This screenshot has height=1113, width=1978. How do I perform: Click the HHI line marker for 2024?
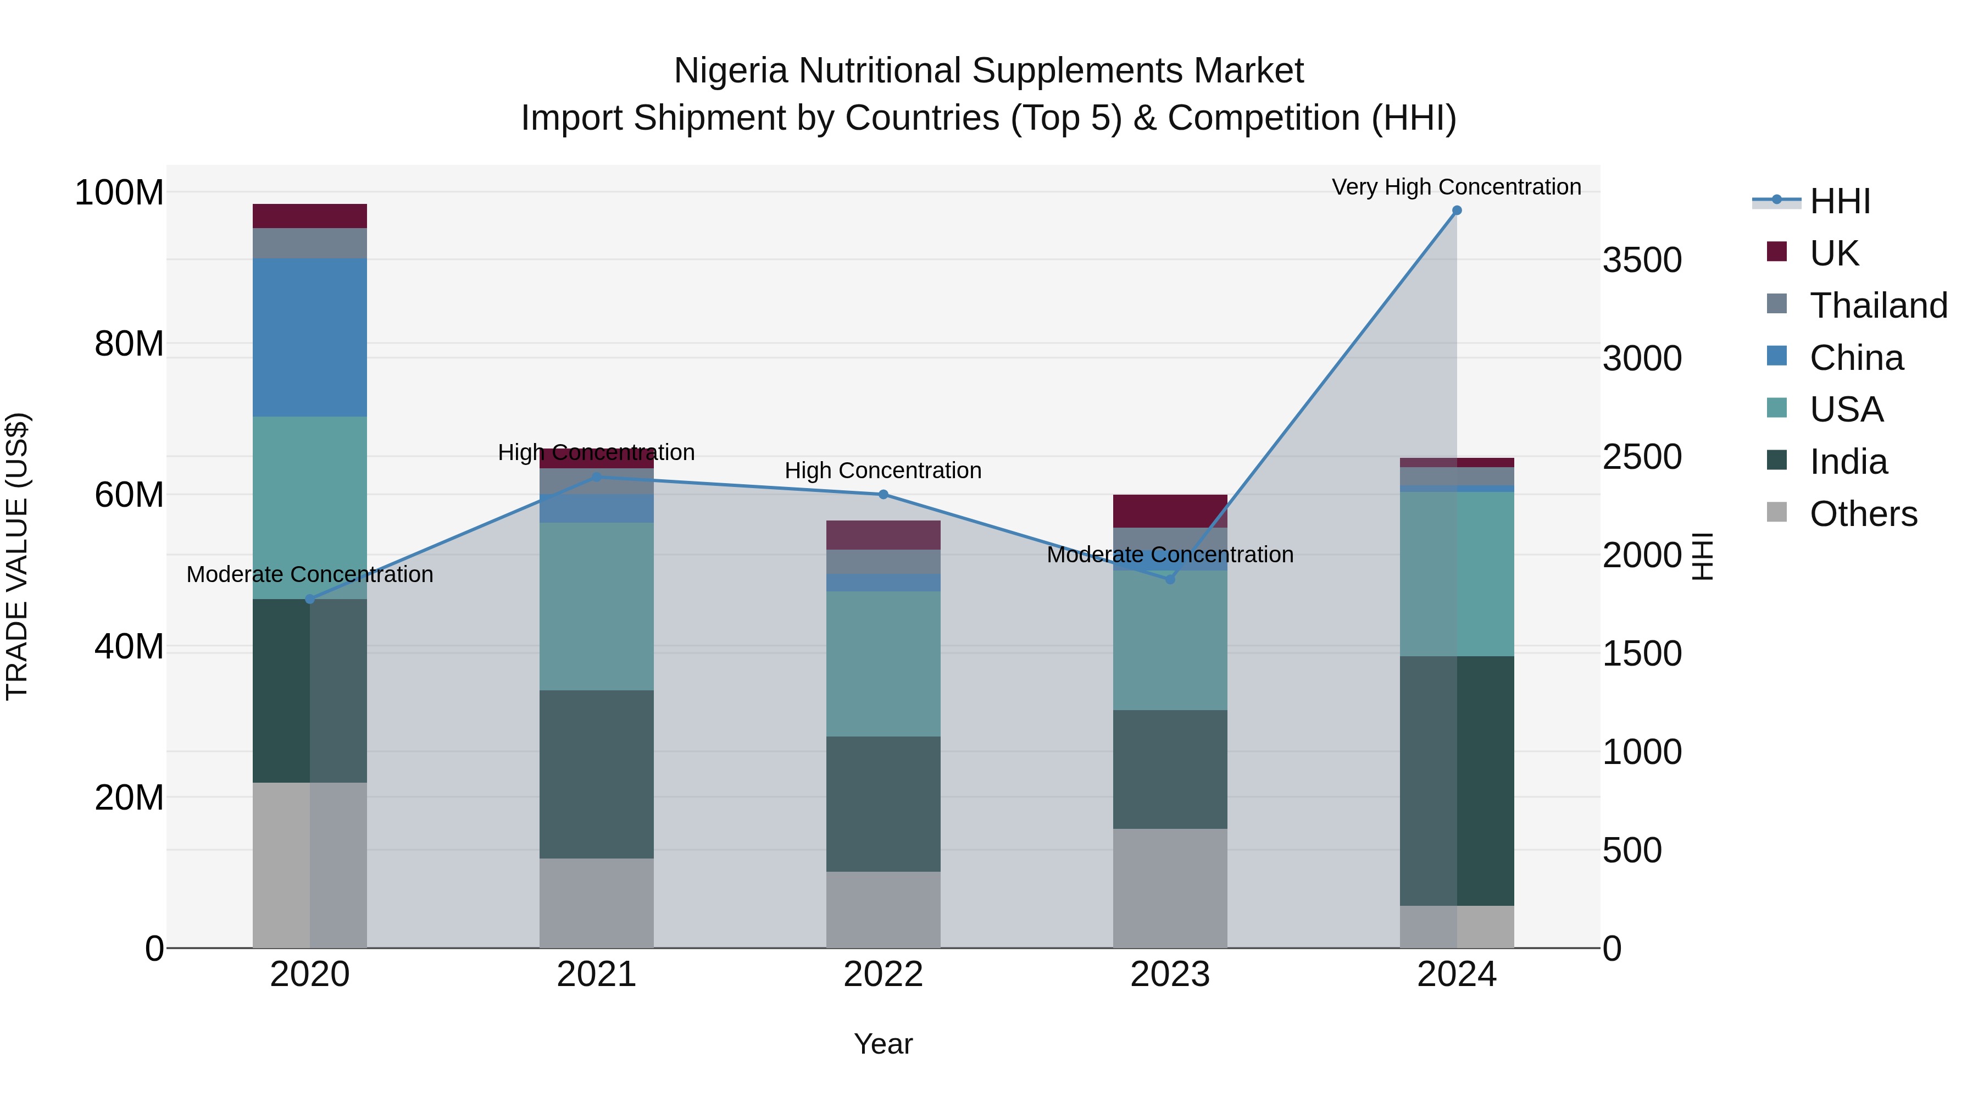1457,211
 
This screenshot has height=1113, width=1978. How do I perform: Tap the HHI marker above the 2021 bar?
597,477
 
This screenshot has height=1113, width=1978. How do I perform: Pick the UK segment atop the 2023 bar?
1170,511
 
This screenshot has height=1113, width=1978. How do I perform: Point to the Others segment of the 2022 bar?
883,910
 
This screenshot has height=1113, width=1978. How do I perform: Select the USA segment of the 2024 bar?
1457,573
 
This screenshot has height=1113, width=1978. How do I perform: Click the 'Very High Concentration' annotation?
1456,187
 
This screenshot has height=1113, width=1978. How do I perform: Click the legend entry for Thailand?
1877,306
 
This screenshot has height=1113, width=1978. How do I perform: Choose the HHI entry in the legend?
1839,201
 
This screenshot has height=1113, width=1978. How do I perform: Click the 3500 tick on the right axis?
1642,261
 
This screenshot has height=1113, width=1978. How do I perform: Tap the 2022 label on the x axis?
883,974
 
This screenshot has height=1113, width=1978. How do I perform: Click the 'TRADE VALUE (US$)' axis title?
17,556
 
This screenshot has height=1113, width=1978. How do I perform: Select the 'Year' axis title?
883,1044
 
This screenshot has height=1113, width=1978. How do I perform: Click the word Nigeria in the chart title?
730,71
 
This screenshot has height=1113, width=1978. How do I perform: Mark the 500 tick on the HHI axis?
1632,850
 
